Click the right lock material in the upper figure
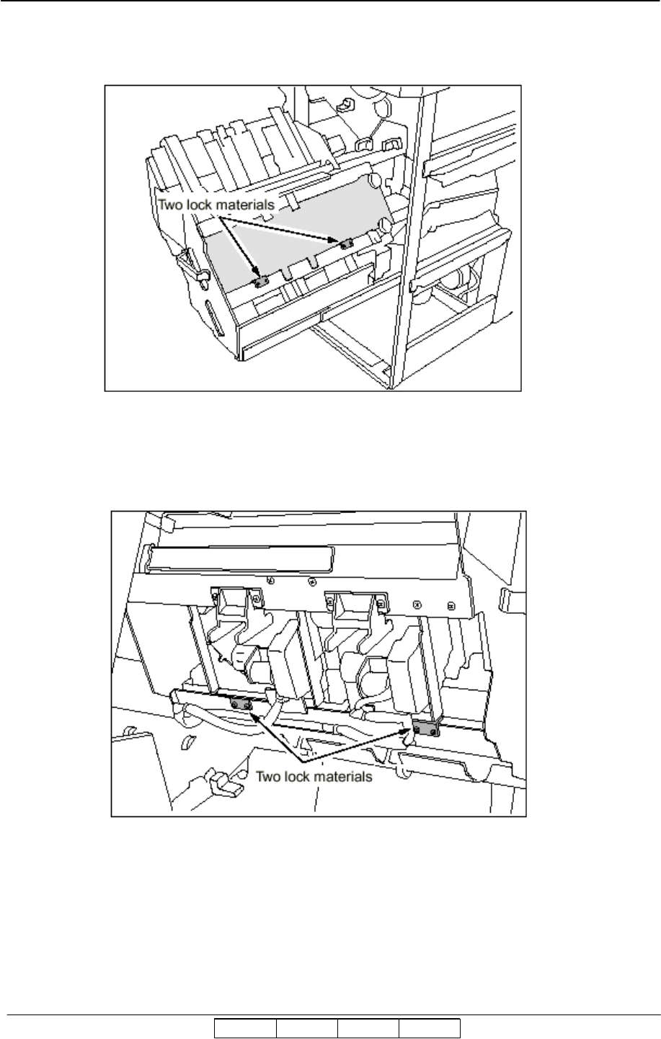(x=346, y=244)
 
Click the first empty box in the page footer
(x=245, y=1029)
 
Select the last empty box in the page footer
(x=430, y=1029)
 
